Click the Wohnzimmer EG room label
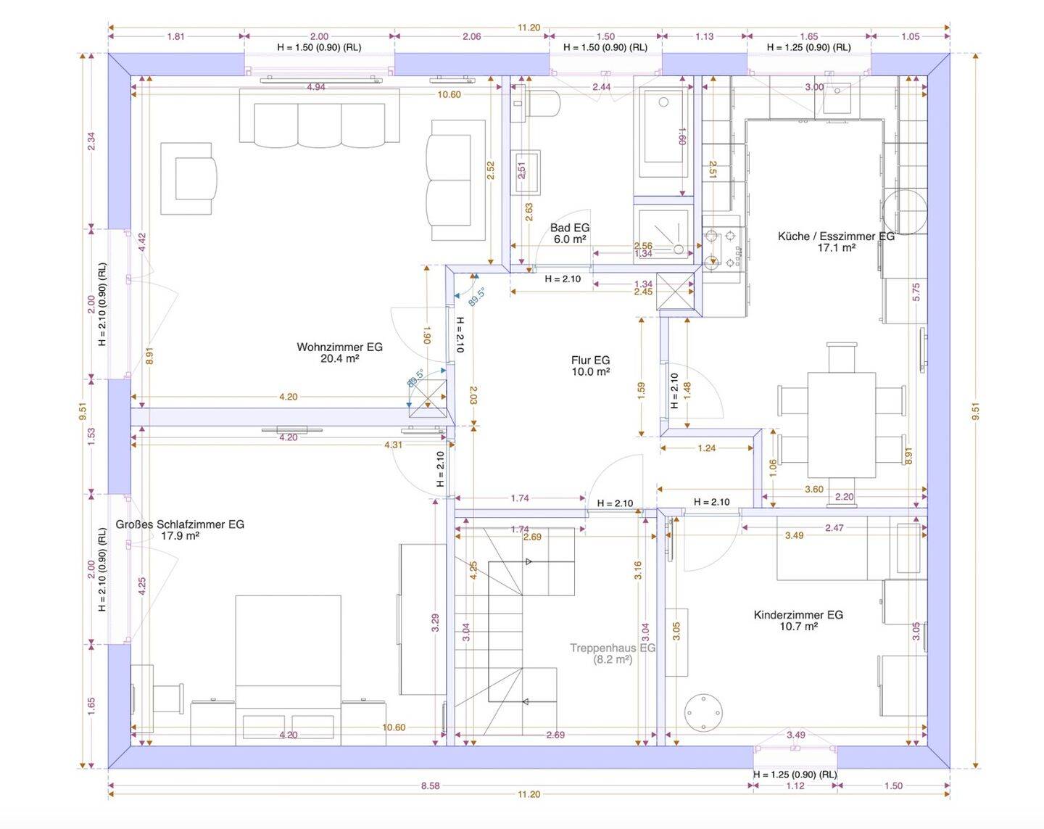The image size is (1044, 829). (339, 347)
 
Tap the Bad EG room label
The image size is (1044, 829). (570, 228)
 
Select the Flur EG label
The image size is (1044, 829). (590, 360)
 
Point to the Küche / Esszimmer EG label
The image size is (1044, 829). (836, 236)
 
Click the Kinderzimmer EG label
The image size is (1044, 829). (798, 615)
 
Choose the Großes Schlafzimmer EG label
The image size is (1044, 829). (180, 524)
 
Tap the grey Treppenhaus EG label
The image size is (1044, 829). (612, 648)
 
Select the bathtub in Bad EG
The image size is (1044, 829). (663, 133)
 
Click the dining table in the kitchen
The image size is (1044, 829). (841, 425)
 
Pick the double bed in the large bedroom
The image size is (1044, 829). (288, 670)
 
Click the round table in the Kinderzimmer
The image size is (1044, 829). (703, 712)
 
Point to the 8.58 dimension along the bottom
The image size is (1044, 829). (431, 785)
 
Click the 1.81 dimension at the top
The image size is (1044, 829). (175, 36)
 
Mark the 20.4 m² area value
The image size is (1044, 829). (339, 359)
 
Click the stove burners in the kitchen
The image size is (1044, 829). (721, 249)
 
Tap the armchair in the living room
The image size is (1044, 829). (189, 178)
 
